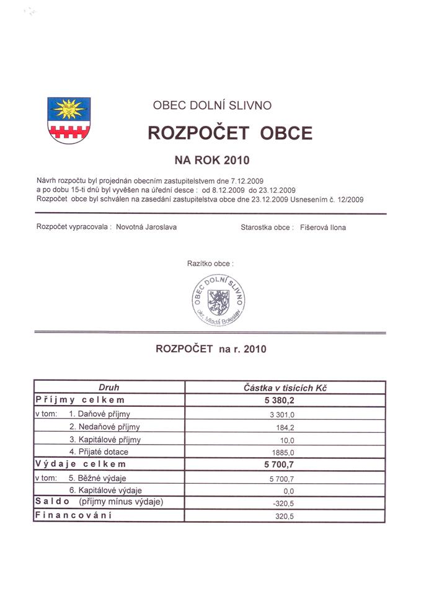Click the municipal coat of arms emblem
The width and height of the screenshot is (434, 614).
(x=69, y=120)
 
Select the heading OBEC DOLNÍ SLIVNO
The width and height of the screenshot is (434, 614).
(x=212, y=105)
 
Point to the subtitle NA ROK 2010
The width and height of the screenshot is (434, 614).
(x=212, y=161)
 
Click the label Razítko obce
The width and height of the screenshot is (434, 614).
(x=210, y=264)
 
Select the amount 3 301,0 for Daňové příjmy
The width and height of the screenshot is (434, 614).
(x=285, y=414)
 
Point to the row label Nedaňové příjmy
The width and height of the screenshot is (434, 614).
(x=105, y=427)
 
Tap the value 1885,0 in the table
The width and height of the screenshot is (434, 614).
(x=285, y=452)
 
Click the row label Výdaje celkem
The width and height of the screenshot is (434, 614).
(x=81, y=464)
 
